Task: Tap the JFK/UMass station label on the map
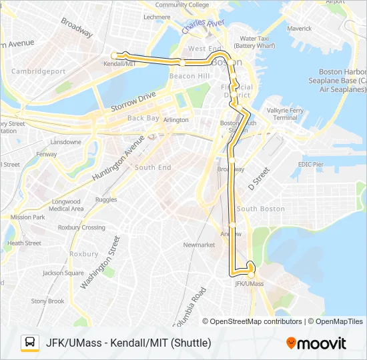(250, 283)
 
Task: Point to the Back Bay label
(143, 118)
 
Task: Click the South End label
(153, 167)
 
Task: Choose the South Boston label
(261, 209)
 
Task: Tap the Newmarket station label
(199, 245)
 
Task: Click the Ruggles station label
(105, 199)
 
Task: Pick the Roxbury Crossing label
(81, 227)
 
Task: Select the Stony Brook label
(47, 301)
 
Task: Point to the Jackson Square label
(63, 273)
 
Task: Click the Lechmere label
(157, 17)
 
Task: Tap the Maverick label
(299, 29)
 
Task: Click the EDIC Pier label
(310, 163)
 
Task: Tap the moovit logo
(316, 343)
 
